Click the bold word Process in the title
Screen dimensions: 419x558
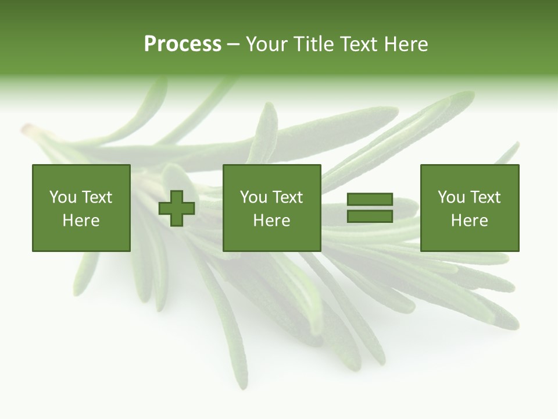pos(183,44)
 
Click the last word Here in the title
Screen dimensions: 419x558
pos(405,44)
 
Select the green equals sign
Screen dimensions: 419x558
pos(370,208)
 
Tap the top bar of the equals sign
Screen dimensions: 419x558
pos(370,200)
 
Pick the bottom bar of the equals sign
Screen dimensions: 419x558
pos(370,216)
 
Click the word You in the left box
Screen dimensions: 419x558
pos(63,197)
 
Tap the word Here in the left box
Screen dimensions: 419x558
pos(81,221)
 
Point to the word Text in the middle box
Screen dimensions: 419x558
pos(287,197)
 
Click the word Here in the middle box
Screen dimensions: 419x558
pos(272,221)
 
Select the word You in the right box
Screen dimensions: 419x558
pos(451,197)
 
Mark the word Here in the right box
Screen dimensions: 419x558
pos(470,221)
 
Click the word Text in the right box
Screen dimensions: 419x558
pos(485,197)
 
